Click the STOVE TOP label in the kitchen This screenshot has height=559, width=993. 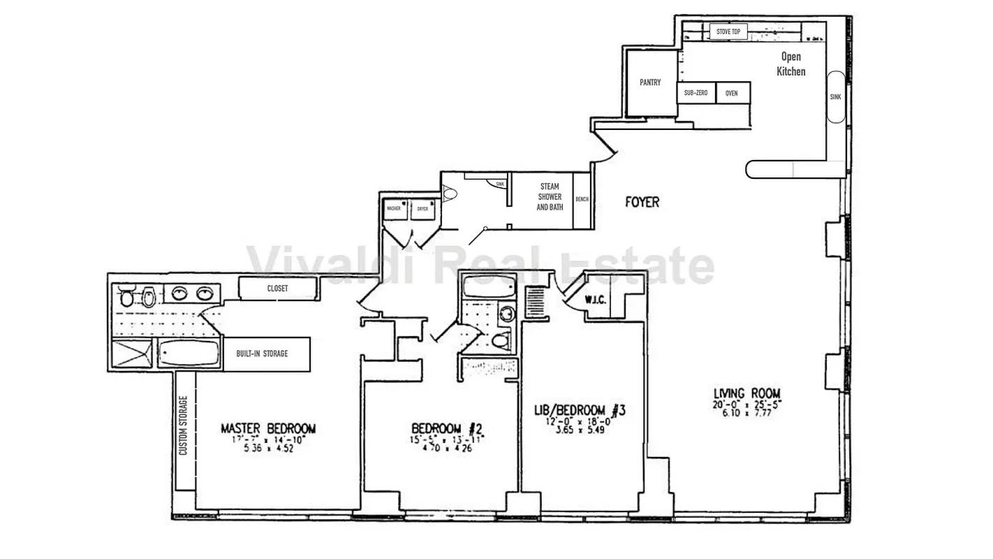728,31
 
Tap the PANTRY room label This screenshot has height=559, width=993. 650,82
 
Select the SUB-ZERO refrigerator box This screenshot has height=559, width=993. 696,93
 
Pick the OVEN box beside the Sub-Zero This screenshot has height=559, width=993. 732,93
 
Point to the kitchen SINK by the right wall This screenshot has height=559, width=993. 835,97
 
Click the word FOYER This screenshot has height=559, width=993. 641,203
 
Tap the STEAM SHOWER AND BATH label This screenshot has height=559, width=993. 550,197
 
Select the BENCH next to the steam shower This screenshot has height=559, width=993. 582,200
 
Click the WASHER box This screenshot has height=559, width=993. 395,208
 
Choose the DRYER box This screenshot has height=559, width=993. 423,208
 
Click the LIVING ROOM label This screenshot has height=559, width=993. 746,393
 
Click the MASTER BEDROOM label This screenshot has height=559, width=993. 268,428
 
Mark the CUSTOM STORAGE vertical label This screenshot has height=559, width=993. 184,426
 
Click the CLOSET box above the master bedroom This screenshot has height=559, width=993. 277,287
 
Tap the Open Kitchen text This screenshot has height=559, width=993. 791,64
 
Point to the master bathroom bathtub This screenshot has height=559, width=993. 189,354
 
